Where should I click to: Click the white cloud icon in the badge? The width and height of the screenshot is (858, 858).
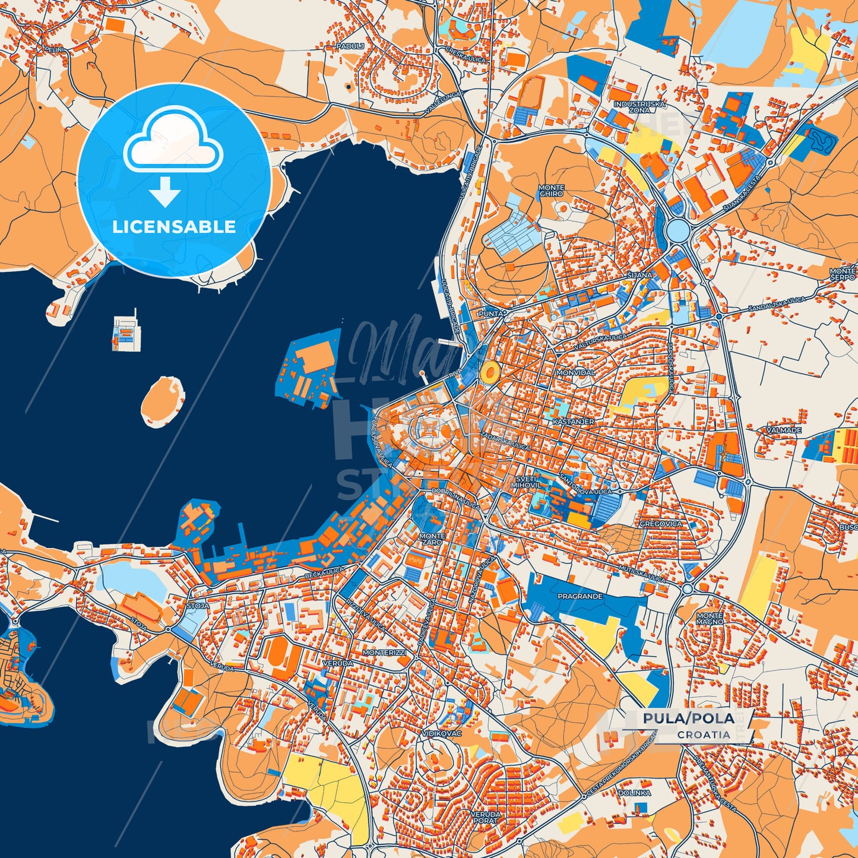click(x=173, y=141)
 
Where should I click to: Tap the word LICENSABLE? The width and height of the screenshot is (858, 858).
click(x=174, y=227)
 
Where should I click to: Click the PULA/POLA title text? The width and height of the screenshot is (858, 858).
click(x=688, y=718)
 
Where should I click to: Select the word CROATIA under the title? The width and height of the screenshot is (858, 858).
click(x=704, y=734)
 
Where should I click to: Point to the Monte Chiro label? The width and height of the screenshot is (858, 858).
click(x=551, y=191)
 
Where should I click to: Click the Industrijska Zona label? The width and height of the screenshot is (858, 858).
click(x=640, y=107)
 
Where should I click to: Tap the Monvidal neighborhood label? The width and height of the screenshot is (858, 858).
click(x=575, y=372)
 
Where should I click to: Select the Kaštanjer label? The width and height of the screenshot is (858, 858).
click(x=573, y=421)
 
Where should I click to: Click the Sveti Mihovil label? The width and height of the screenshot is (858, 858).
click(x=525, y=482)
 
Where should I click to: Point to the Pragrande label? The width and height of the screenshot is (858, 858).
click(x=580, y=596)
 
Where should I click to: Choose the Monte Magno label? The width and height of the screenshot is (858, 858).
click(x=710, y=618)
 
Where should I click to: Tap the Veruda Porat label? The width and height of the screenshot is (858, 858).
click(x=485, y=817)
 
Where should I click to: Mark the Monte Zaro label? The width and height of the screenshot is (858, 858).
click(x=431, y=539)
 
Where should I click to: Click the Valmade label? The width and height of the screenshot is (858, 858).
click(x=784, y=430)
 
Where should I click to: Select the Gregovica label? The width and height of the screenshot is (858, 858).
click(x=661, y=524)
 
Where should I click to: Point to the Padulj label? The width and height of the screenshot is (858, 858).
click(x=349, y=46)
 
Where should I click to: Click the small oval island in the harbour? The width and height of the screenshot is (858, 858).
click(x=162, y=401)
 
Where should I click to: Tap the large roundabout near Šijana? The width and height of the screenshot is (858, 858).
click(x=676, y=229)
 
